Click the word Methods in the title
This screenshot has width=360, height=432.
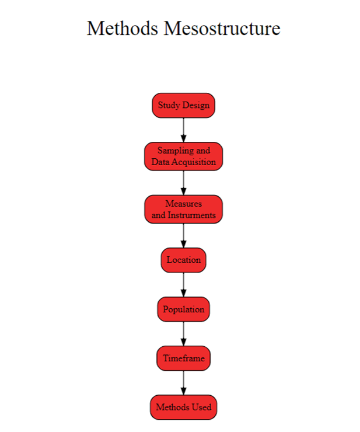(x=123, y=29)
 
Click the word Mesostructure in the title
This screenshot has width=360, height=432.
(x=222, y=29)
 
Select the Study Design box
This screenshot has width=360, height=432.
(x=183, y=106)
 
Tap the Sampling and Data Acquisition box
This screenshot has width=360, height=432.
(x=183, y=156)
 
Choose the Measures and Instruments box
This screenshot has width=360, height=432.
(x=183, y=210)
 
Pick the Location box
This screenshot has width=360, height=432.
(x=183, y=260)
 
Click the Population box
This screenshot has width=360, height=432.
(x=183, y=309)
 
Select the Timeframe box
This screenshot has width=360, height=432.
(x=183, y=358)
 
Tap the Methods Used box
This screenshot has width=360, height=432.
(x=183, y=407)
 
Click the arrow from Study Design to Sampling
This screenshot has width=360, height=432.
(x=183, y=130)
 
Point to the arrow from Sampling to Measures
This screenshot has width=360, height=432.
(x=183, y=183)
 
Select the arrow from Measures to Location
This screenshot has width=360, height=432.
(x=183, y=236)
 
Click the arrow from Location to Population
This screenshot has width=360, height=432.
(x=183, y=285)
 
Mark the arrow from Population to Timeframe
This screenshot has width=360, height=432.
(x=183, y=334)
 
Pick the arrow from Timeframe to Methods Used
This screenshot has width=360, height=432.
(x=183, y=383)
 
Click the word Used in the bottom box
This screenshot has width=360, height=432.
(x=202, y=407)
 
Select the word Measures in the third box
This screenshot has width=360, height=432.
(x=183, y=204)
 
